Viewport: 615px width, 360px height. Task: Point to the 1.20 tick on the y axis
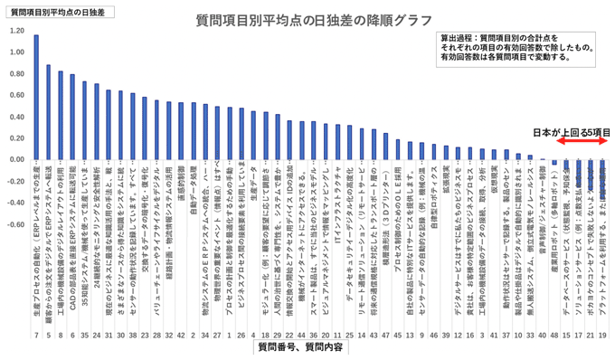tap(17, 30)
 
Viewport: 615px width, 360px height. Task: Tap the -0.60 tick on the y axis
tap(15, 224)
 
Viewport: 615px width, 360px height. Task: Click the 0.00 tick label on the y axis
tap(17, 159)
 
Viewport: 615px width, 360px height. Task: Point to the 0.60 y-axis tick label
tap(17, 95)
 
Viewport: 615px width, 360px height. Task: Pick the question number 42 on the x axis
tap(181, 334)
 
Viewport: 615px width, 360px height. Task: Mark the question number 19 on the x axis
tap(603, 334)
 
